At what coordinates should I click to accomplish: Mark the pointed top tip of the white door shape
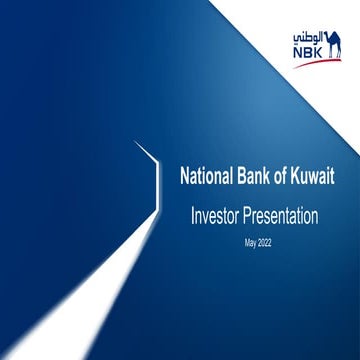click(138, 143)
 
